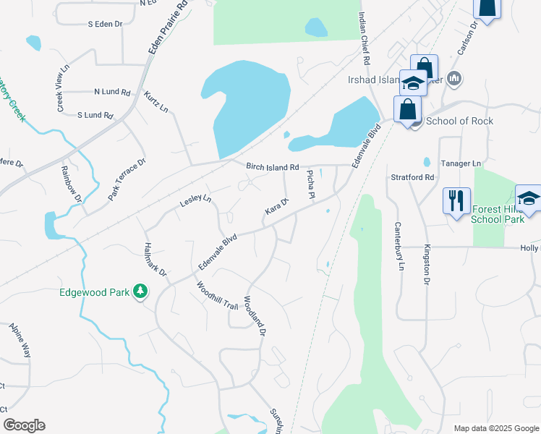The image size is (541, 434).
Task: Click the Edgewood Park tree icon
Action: coord(140,292)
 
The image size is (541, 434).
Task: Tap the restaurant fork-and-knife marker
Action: coord(456,200)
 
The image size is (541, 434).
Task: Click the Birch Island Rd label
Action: coord(273,167)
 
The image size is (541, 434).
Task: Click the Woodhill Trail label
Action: coord(218,295)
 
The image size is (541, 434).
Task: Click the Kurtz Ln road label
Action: coord(156,102)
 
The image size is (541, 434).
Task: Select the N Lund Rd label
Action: coord(111,93)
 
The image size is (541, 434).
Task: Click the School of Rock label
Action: coord(459,121)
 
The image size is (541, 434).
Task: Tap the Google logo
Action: coord(24,425)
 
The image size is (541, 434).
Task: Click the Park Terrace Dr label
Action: coord(127,179)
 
